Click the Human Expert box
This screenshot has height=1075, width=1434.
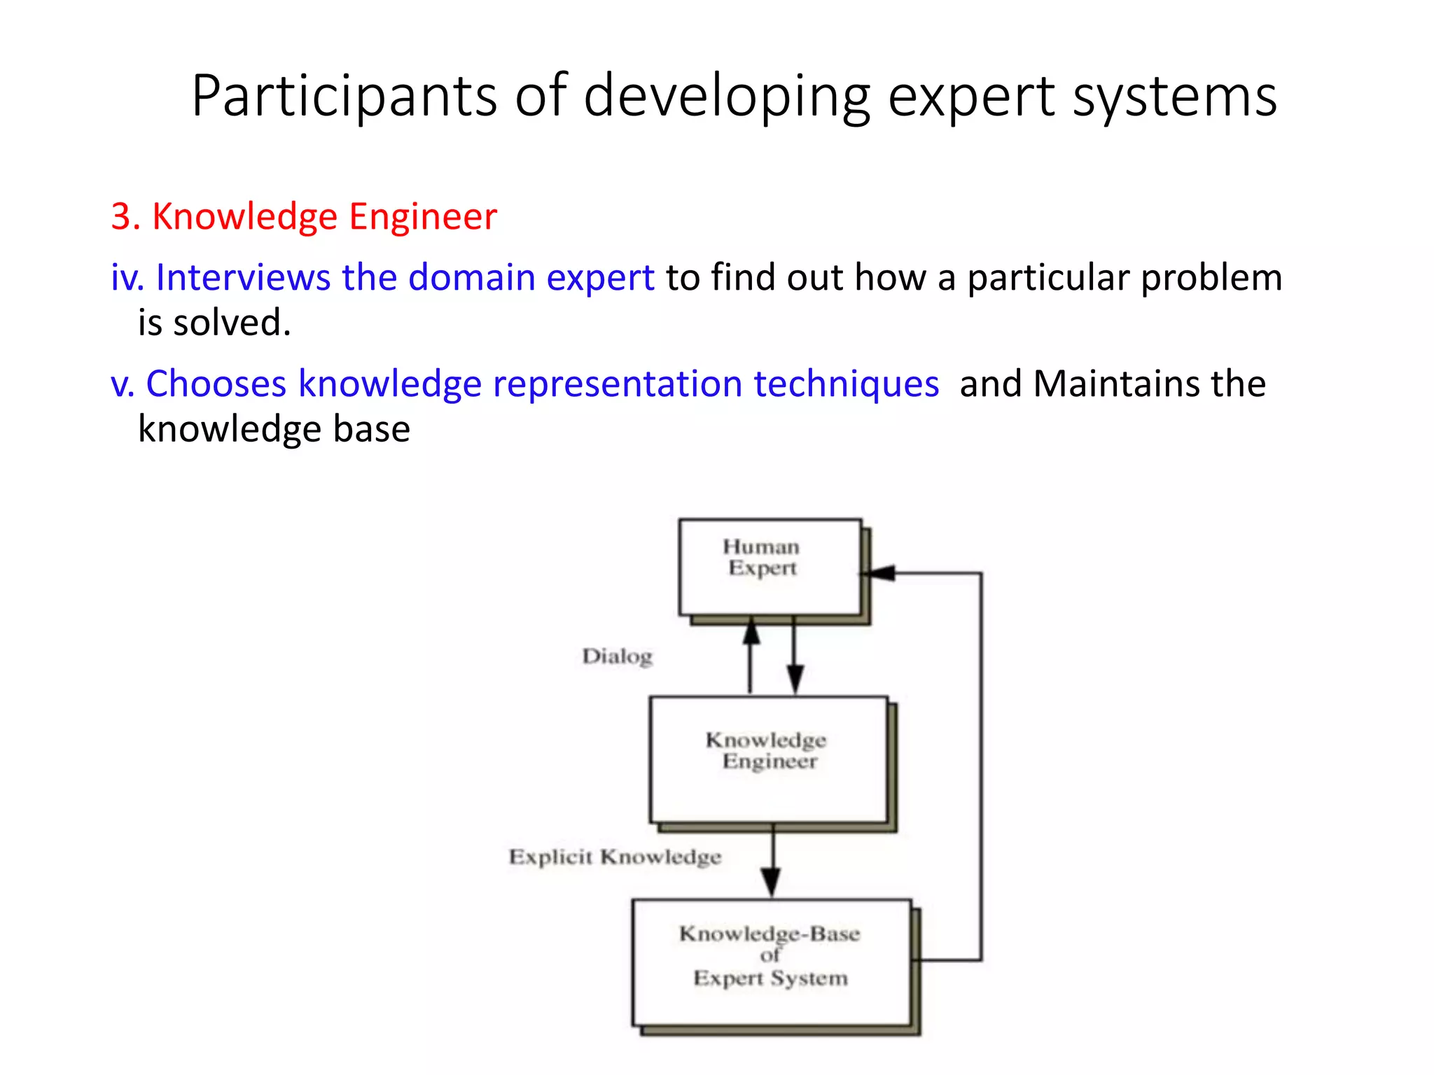click(770, 567)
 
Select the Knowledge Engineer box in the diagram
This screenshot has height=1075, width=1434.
click(768, 759)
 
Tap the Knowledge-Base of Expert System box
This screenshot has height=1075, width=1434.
click(771, 962)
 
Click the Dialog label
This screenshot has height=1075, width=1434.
click(617, 656)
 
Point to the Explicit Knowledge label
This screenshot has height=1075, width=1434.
click(615, 857)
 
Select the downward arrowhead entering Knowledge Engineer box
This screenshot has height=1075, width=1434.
click(795, 679)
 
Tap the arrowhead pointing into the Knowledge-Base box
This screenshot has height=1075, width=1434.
click(771, 882)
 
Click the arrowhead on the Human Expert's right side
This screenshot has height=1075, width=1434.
click(879, 573)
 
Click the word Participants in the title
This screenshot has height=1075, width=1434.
click(344, 97)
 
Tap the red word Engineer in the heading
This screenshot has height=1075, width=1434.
click(423, 216)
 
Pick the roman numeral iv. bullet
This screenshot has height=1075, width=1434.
click(127, 277)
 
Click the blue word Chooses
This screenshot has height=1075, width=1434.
click(216, 384)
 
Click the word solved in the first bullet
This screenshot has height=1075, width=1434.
click(230, 323)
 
